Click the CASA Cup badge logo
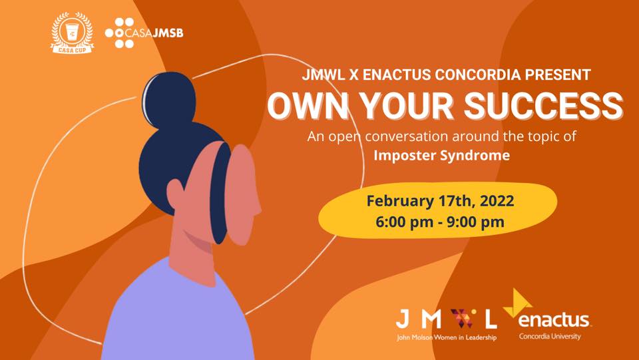(73, 33)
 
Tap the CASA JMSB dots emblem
(119, 33)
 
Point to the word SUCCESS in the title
(543, 106)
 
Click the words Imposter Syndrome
(442, 156)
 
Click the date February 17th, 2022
(440, 201)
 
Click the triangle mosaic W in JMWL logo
(463, 318)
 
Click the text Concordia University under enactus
(550, 337)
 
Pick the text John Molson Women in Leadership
(447, 337)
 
